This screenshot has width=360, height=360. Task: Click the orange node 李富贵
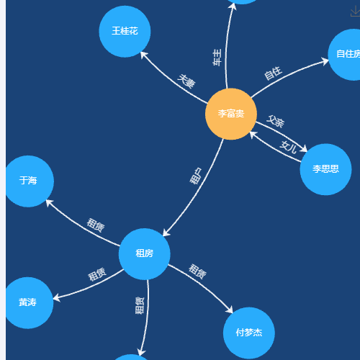click(x=231, y=114)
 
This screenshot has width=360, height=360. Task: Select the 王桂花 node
click(x=125, y=32)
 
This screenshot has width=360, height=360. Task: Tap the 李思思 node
click(x=325, y=169)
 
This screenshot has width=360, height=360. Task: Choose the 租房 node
click(x=145, y=254)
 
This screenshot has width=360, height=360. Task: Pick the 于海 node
click(x=28, y=181)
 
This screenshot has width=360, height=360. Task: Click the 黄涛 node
click(x=28, y=302)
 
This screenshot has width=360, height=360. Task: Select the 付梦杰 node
click(x=249, y=333)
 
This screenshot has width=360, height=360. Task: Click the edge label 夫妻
click(x=186, y=81)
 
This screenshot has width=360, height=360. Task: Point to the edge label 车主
click(x=217, y=57)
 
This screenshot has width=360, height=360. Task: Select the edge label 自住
click(x=273, y=73)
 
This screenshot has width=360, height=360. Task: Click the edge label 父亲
click(x=276, y=121)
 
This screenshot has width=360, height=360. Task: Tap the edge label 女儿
click(x=288, y=147)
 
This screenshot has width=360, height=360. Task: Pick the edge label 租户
click(x=196, y=176)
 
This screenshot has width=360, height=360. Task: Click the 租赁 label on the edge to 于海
click(x=96, y=225)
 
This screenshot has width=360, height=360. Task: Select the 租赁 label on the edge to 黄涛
click(x=97, y=274)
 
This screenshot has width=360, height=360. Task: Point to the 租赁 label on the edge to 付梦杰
click(x=197, y=271)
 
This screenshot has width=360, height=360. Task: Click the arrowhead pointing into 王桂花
click(x=143, y=55)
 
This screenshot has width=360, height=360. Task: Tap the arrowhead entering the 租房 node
click(x=166, y=233)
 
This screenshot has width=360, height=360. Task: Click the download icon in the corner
click(x=355, y=12)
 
